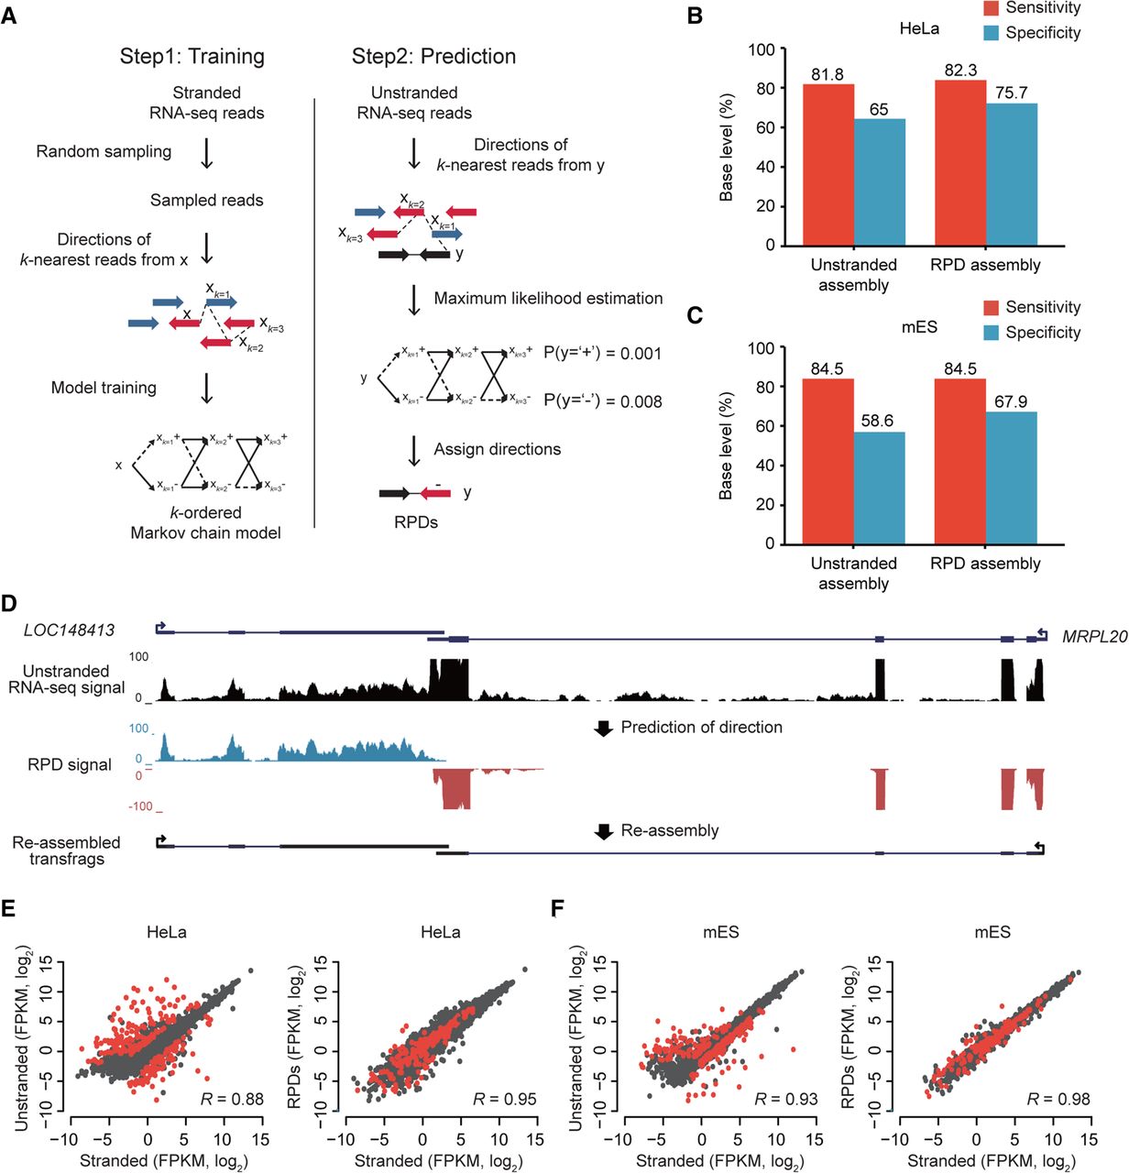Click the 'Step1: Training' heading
point(192,56)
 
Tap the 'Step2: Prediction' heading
point(434,56)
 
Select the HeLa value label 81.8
point(827,74)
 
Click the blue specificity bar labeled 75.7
point(1012,174)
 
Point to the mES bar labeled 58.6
point(880,488)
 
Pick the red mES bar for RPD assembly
point(960,461)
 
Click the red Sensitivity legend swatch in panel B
point(991,8)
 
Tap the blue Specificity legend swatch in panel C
point(991,332)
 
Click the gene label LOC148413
point(69,630)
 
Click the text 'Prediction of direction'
point(702,727)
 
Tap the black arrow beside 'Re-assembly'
point(603,831)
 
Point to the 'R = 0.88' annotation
point(232,1099)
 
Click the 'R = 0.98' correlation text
point(1058,1099)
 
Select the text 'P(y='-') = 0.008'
point(603,401)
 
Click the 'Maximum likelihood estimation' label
point(549,299)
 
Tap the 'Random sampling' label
point(104,151)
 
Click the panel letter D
point(9,603)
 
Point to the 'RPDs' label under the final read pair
point(416,522)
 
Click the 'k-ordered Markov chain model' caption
point(205,522)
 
